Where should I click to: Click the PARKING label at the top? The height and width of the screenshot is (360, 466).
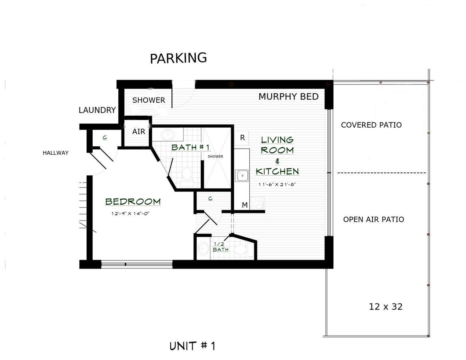(178, 58)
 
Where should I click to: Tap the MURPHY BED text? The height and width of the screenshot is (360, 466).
(289, 97)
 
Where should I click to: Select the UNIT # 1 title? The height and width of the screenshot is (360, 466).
(192, 346)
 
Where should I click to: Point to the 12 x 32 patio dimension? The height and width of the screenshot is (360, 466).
(386, 306)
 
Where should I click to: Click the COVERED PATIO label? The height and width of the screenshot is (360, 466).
(371, 125)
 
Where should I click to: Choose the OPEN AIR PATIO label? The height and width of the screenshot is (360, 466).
(374, 220)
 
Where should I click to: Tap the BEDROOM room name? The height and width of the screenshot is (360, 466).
(133, 202)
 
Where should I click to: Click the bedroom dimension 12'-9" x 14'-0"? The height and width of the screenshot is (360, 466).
(130, 213)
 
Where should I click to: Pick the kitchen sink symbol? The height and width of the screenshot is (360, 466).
(242, 176)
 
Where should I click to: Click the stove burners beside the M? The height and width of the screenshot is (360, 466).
(257, 203)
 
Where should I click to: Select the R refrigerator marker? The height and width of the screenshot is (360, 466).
(243, 138)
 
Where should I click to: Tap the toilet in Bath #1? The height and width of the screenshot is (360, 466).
(187, 174)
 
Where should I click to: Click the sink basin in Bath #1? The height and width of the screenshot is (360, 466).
(167, 135)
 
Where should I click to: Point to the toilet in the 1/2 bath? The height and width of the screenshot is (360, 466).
(242, 249)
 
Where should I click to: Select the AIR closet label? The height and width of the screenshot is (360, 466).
(139, 132)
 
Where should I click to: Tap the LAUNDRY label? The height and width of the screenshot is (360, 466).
(97, 110)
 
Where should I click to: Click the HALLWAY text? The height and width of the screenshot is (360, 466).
(56, 153)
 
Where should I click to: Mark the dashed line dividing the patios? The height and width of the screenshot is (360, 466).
(382, 173)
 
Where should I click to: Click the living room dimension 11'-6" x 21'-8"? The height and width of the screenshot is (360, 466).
(277, 184)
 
